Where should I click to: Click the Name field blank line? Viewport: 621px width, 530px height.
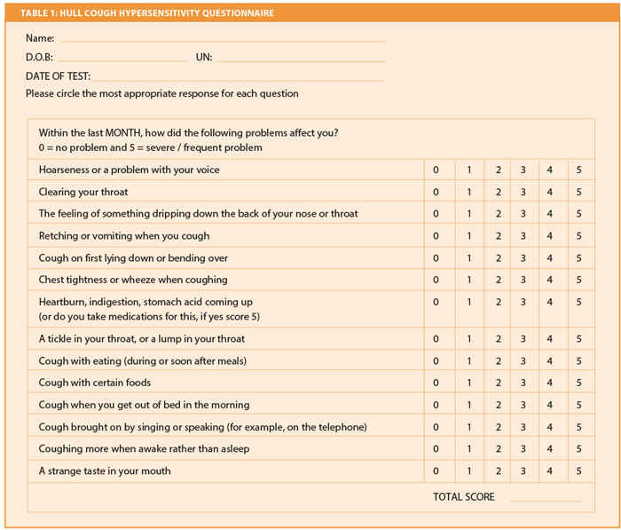click(222, 40)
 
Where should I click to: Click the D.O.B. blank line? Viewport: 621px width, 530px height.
click(122, 59)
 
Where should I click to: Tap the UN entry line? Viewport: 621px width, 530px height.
click(300, 59)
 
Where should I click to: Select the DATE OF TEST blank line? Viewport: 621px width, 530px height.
click(238, 78)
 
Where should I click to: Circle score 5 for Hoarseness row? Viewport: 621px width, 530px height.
click(578, 170)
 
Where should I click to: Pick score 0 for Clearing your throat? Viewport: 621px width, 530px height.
click(436, 192)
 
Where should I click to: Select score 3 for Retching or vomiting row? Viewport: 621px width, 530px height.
click(523, 236)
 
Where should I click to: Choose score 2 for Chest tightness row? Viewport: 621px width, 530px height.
click(499, 281)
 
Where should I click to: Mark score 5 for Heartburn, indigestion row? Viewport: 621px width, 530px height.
click(578, 302)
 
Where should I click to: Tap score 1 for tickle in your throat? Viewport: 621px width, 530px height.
click(468, 339)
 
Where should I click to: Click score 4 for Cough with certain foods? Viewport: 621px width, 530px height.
click(550, 383)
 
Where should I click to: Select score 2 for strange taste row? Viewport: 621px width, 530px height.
click(499, 471)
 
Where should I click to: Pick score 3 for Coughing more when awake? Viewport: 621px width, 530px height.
click(523, 449)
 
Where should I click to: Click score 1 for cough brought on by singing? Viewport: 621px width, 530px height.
click(468, 427)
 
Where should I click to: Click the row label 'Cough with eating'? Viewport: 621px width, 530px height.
click(142, 360)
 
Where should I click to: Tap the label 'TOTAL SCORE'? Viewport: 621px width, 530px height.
click(464, 497)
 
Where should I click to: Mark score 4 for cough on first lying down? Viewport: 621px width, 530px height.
click(550, 258)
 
